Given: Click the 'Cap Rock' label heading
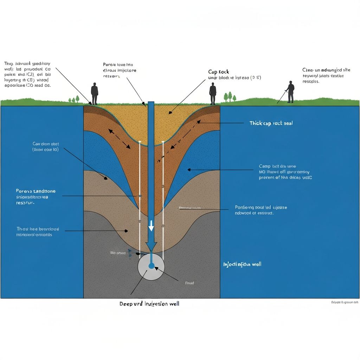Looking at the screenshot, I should [x=218, y=72].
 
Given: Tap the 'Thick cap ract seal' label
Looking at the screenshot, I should [x=271, y=123].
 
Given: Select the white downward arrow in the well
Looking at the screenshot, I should [x=151, y=226].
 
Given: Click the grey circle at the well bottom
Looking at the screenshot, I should [x=151, y=267].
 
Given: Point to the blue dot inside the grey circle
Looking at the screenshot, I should [x=151, y=266].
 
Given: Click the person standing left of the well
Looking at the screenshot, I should [x=94, y=93].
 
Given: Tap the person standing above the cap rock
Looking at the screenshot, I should [x=213, y=94].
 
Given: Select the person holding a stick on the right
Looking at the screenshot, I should [x=290, y=92].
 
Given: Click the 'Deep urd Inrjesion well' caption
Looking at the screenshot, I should [x=149, y=303].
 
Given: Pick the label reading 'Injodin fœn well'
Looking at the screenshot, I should [x=242, y=264].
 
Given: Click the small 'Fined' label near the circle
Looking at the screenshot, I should [x=189, y=283].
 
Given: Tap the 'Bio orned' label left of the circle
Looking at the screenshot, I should [x=117, y=253].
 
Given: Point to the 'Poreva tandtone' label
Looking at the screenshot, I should [x=36, y=191].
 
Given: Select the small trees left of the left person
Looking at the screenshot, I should [x=74, y=99].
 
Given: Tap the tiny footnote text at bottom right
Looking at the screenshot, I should [x=345, y=302].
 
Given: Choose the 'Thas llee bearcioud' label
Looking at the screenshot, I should [x=38, y=229].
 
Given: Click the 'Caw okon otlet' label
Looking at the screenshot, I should [x=45, y=143].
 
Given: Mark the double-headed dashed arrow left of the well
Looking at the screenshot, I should [x=119, y=139].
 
